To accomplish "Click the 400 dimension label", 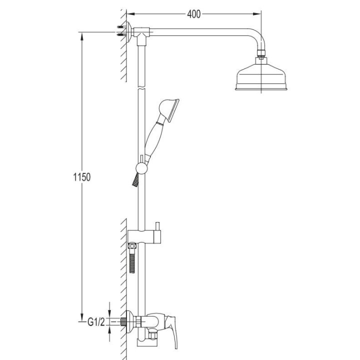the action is [x=193, y=14].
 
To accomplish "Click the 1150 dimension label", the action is [x=82, y=177].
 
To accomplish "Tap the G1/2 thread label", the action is [x=96, y=322].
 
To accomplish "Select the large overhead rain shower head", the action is [x=261, y=76].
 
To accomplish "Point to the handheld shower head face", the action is [x=173, y=111].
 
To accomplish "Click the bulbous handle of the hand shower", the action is [x=152, y=138].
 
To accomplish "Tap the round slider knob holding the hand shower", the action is [x=141, y=168].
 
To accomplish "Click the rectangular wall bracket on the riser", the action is [x=144, y=236].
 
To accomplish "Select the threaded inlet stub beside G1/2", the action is [x=123, y=321].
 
